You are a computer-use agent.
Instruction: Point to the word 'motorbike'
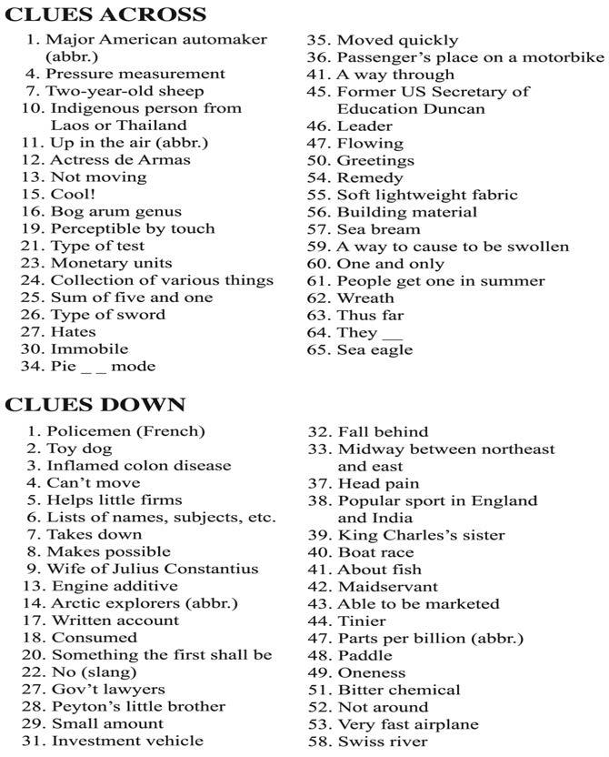[x=565, y=57]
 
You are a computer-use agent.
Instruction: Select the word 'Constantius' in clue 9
[x=215, y=570]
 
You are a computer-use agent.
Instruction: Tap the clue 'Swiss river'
[x=383, y=742]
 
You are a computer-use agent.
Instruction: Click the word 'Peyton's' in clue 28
[x=84, y=707]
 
